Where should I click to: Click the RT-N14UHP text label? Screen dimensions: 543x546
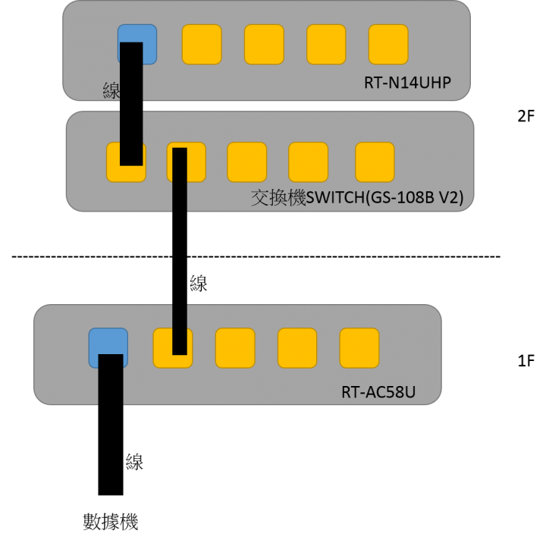coord(408,81)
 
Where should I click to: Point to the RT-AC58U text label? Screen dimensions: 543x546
coord(378,393)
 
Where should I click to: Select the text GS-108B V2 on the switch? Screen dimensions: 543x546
coord(413,199)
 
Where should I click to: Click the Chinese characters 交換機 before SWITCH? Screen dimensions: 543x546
coord(277,199)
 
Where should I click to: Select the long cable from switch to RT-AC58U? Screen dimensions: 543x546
coord(180,250)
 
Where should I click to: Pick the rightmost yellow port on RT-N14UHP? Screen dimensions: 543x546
coord(388,44)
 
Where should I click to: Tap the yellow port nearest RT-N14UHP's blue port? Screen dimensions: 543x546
coord(202,44)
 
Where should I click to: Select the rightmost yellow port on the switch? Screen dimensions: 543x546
coord(375,162)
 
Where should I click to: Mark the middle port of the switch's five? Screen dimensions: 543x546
coord(247,162)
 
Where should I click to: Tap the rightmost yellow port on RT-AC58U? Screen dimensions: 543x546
coord(359,348)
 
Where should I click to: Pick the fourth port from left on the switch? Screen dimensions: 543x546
coord(308,162)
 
